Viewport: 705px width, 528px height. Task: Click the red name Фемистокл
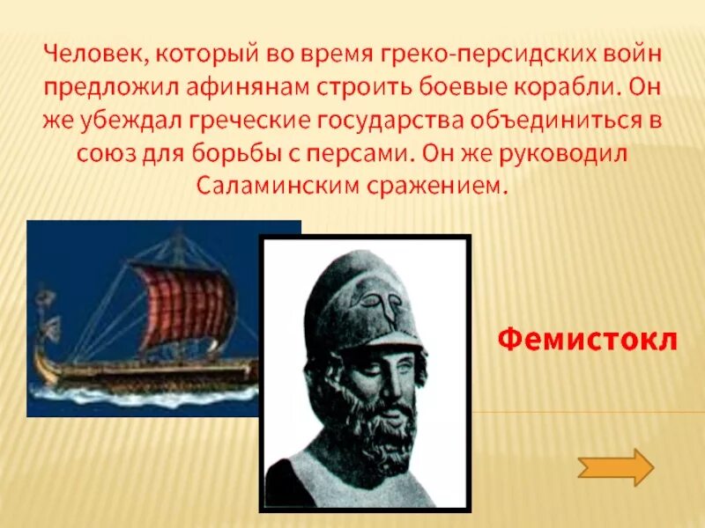(587, 338)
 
